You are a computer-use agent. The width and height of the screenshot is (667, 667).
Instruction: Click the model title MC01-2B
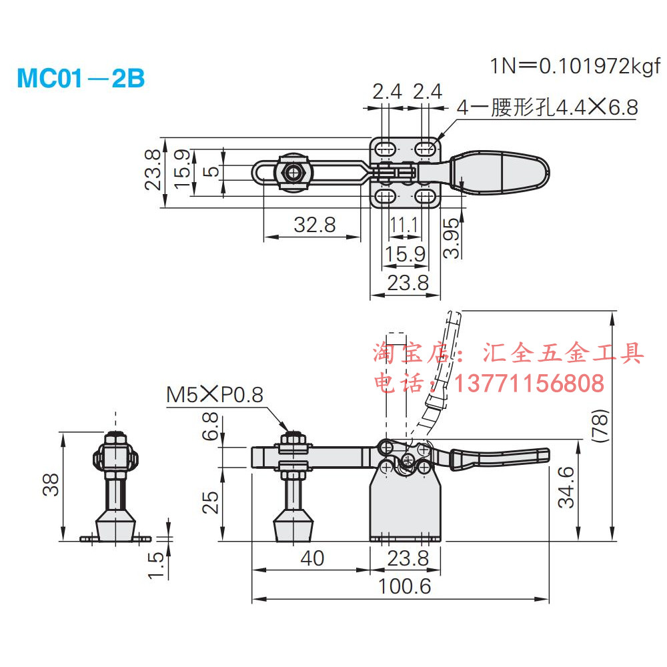pos(80,78)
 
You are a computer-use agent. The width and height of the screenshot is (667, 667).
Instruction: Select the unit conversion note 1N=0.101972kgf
pos(574,65)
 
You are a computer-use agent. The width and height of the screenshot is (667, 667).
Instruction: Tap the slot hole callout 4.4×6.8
pos(547,107)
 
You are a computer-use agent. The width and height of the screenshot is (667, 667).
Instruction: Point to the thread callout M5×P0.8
pos(215,394)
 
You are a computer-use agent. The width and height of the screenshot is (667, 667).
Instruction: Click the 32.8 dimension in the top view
pos(315,225)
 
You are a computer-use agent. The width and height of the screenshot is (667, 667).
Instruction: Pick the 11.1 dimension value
pos(404,225)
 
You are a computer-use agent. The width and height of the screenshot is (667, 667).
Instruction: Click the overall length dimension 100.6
pos(405,586)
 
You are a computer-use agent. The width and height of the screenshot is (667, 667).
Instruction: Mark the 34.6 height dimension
pos(566,487)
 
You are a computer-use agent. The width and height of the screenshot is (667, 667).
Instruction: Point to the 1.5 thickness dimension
pos(156,564)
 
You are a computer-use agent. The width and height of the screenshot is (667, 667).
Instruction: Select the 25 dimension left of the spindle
pos(211,502)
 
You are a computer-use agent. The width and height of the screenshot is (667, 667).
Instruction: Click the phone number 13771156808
pos(530,383)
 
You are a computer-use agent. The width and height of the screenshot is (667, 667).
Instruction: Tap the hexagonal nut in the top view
pos(292,172)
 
